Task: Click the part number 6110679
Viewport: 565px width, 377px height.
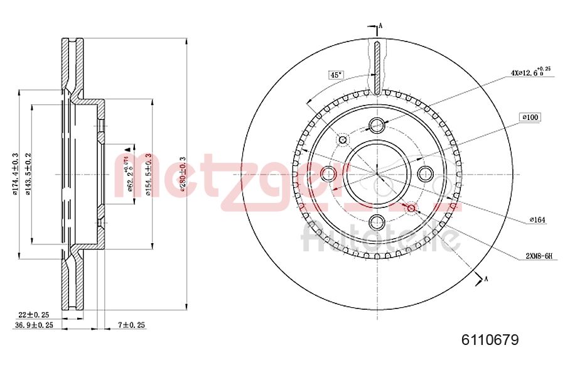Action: click(490, 340)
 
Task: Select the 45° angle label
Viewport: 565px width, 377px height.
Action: click(336, 75)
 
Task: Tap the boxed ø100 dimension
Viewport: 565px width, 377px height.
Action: click(530, 117)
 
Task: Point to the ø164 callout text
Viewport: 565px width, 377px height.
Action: click(537, 219)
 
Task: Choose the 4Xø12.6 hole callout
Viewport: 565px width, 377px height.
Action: click(530, 72)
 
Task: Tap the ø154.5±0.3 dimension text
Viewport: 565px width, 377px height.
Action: click(148, 174)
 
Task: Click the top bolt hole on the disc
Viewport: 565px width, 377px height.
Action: click(377, 124)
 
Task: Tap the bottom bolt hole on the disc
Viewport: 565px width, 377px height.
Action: click(377, 221)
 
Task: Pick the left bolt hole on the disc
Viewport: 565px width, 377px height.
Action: click(328, 173)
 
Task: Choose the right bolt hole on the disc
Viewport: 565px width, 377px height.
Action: click(425, 173)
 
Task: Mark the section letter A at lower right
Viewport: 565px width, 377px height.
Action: click(485, 279)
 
